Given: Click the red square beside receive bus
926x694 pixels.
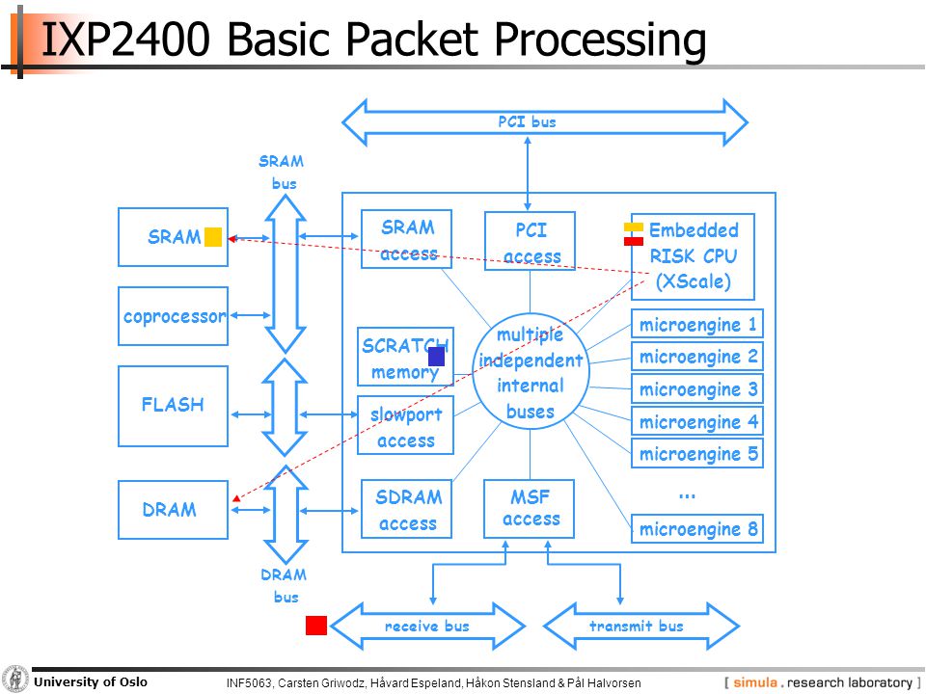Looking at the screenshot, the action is [316, 626].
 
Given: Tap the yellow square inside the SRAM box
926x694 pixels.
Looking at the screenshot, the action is [213, 237].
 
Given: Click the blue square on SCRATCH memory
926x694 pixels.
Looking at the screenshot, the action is [436, 357].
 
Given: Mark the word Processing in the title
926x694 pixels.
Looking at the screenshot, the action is [600, 40].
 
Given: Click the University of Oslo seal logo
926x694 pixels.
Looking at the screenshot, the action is [14, 680].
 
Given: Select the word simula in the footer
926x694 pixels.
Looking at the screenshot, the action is [754, 682].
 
